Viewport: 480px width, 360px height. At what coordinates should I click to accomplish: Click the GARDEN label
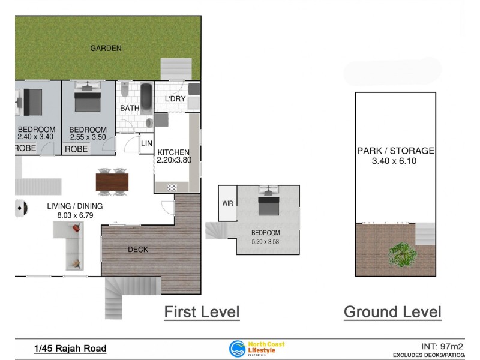(x=106, y=48)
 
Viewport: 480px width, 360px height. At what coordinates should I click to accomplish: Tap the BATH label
(x=130, y=109)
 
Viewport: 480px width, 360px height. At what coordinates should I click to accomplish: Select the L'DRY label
(x=175, y=99)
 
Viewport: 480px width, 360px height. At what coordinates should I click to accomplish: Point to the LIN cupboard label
(x=146, y=143)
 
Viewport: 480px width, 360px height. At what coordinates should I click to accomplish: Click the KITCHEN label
(x=173, y=152)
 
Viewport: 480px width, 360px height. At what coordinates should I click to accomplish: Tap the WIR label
(x=227, y=203)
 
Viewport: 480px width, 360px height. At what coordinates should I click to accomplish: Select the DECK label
(x=138, y=250)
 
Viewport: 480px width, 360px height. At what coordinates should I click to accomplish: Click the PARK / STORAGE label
(x=395, y=151)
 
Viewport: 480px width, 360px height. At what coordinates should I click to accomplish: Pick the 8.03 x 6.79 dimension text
(x=75, y=215)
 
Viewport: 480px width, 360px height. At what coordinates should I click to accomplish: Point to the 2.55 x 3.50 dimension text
(x=88, y=137)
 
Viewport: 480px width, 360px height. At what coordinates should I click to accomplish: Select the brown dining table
(x=112, y=181)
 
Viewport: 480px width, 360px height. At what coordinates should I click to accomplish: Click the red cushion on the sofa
(x=76, y=228)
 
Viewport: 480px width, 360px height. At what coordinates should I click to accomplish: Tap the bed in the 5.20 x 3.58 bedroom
(x=268, y=203)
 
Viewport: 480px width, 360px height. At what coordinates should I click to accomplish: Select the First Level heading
(x=202, y=312)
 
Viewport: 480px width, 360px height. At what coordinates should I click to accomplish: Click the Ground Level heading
(x=392, y=312)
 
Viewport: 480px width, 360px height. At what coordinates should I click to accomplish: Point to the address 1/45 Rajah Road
(x=70, y=349)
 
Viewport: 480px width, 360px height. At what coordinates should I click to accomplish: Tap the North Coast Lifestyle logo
(x=257, y=349)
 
